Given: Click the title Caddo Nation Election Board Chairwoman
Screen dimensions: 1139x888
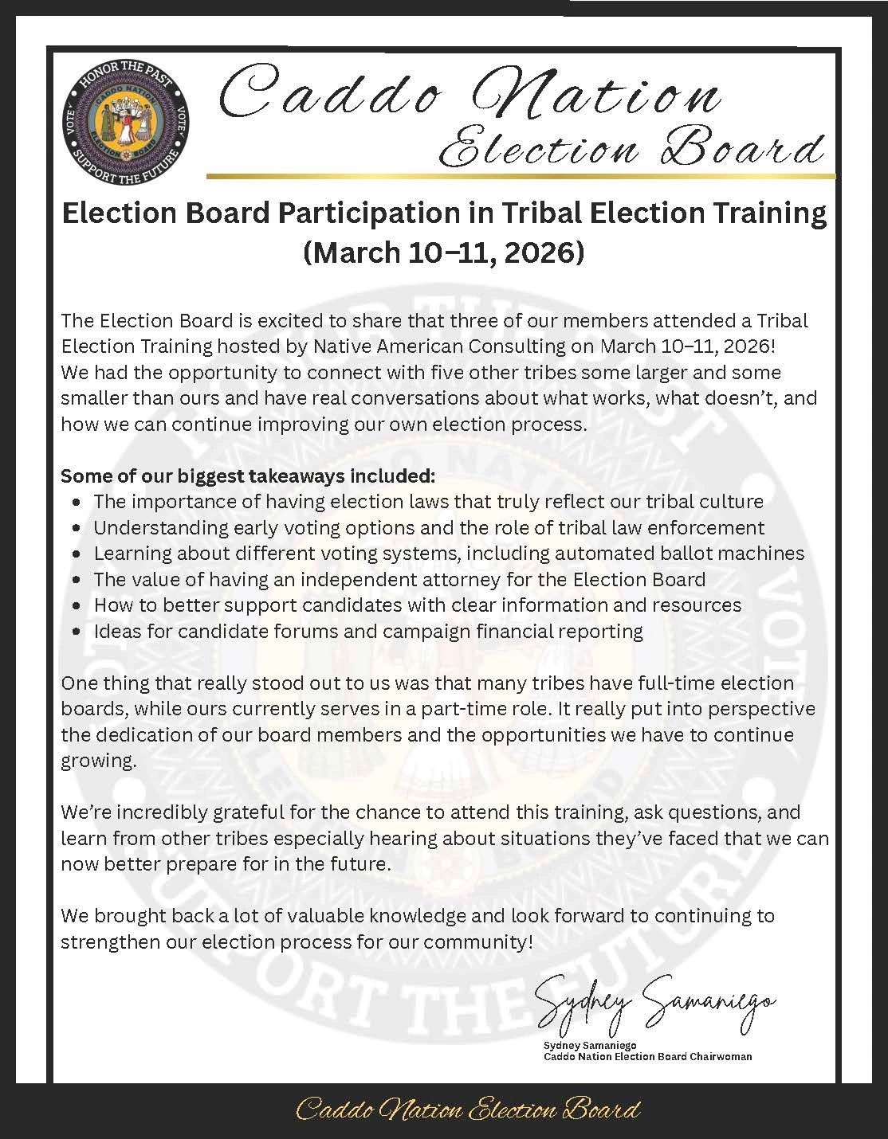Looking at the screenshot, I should [647, 1057].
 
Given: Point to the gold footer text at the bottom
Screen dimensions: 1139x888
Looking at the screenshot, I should [468, 1110].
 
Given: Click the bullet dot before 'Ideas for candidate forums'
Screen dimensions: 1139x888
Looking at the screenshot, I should [76, 632].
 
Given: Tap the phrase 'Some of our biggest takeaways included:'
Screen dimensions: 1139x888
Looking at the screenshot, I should [248, 476].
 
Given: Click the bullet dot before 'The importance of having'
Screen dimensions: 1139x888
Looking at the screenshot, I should [76, 503].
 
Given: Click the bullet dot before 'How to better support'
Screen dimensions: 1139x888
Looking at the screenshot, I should [76, 606].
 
